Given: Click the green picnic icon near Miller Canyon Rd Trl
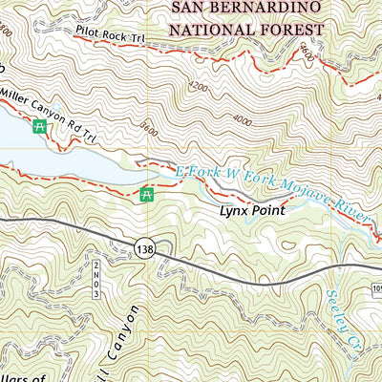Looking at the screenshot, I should tap(40, 126).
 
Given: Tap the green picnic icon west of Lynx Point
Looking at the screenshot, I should tap(147, 195).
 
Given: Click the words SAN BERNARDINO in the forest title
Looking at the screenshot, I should tap(247, 11).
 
